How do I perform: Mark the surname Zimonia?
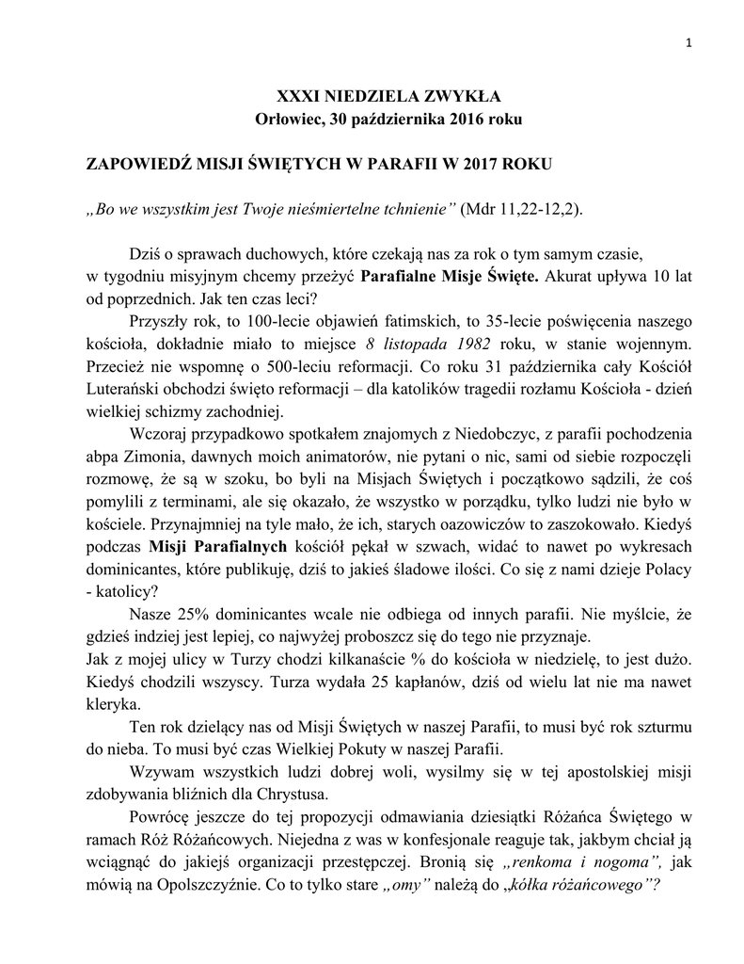pos(154,458)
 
